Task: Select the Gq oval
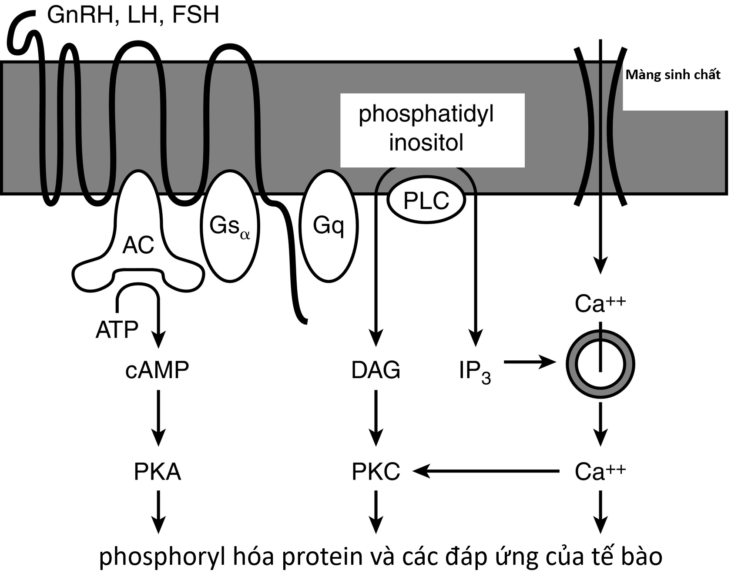pos(329,226)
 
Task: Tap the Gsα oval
pos(230,226)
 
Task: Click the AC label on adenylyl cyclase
pos(138,245)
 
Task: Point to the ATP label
pos(117,329)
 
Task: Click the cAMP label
pos(157,370)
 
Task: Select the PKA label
pos(157,472)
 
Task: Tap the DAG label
pos(376,370)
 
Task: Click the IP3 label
pos(475,372)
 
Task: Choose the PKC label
pos(376,472)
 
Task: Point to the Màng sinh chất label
pos(673,75)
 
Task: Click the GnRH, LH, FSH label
pos(133,15)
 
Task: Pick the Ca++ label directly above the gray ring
pos(600,304)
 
